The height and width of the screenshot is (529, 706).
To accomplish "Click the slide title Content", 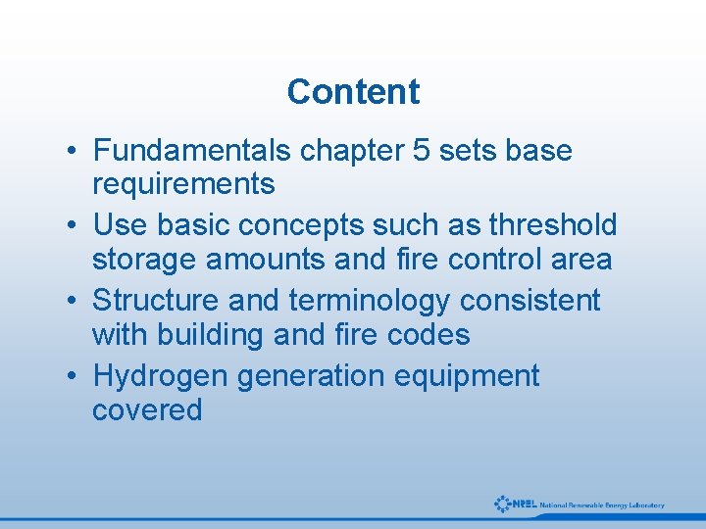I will coord(353,91).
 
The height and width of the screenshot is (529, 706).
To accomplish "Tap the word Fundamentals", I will coord(192,151).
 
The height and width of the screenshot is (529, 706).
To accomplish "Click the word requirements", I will coord(183,183).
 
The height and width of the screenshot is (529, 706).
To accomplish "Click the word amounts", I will coord(278,260).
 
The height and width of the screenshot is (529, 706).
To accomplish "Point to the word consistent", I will coord(529,300).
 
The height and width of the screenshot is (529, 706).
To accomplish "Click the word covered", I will coord(147,409).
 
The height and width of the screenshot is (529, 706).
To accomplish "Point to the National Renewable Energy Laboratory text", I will coord(602,505).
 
